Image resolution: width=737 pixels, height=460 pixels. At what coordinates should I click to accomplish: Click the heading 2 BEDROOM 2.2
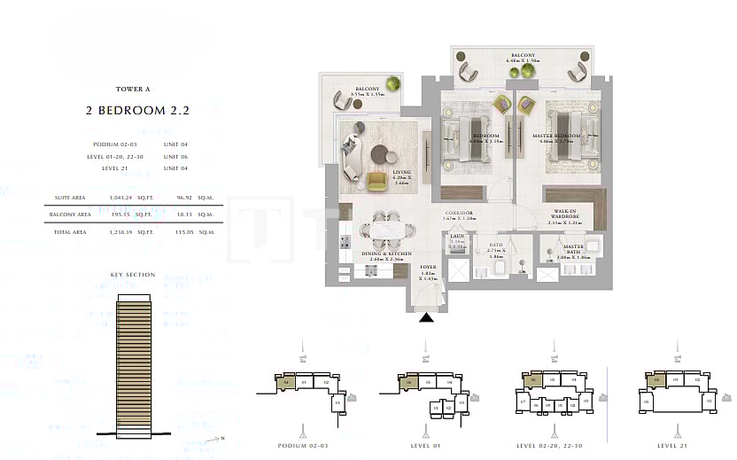(x=137, y=112)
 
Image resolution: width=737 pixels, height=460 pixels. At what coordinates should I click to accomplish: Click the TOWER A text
(x=137, y=89)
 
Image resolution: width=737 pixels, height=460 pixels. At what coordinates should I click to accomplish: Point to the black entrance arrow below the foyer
(x=426, y=318)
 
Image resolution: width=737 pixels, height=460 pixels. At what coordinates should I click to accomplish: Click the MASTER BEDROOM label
(x=556, y=136)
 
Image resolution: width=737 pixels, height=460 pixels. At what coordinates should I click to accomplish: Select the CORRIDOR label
(x=459, y=214)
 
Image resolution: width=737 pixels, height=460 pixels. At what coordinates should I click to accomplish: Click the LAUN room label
(x=457, y=237)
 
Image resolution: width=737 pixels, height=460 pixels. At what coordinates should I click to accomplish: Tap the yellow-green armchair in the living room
(x=376, y=182)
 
